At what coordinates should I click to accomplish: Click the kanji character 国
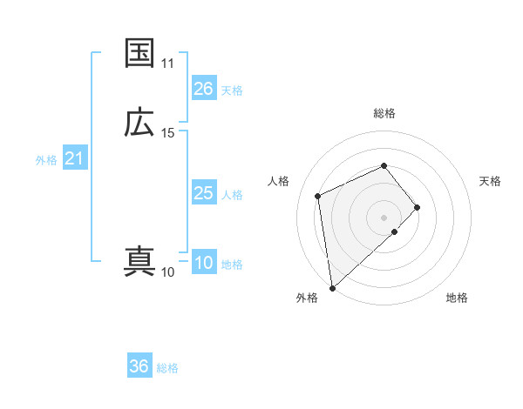(139, 53)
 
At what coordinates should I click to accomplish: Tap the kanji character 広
(139, 123)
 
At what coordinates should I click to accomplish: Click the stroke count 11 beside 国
(167, 64)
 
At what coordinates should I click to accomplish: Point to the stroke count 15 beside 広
(167, 133)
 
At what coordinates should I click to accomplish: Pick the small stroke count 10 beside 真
(167, 272)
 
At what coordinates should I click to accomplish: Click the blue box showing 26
(203, 89)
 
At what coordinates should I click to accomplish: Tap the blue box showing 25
(203, 193)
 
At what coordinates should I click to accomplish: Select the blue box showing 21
(74, 158)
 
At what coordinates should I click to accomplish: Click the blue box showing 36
(139, 366)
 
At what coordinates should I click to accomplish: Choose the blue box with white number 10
(203, 264)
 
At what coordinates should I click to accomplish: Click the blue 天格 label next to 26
(232, 90)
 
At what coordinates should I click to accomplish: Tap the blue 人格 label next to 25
(232, 194)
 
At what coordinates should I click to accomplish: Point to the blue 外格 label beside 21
(46, 159)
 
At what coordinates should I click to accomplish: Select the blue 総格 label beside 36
(167, 367)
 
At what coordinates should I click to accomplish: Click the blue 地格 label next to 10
(232, 265)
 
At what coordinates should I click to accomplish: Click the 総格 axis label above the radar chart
(384, 113)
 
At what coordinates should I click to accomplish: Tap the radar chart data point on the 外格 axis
(331, 287)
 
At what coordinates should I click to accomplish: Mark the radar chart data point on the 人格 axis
(319, 195)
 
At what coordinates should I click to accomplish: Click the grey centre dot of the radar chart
(384, 216)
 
